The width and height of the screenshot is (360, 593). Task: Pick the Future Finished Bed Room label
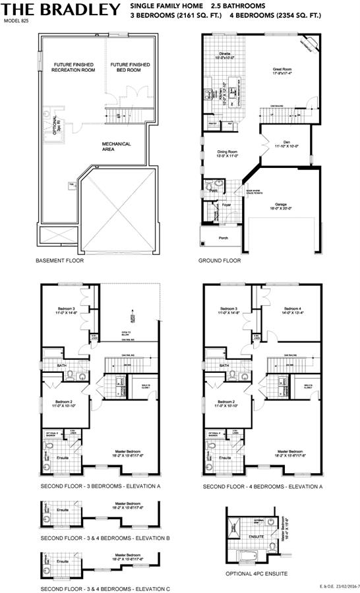[130, 67]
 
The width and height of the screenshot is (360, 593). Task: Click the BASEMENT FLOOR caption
[60, 261]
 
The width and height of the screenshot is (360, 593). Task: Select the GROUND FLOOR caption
[220, 261]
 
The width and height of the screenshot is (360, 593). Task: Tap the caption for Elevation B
[105, 538]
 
